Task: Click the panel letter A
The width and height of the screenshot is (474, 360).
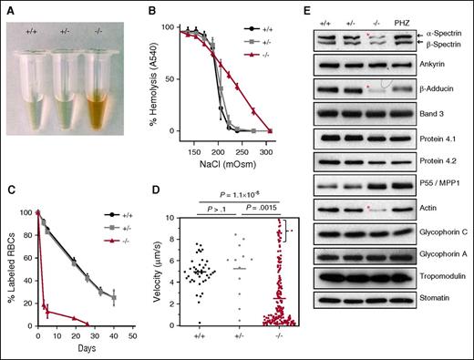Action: [x=6, y=7]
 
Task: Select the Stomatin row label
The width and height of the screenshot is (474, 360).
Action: [x=439, y=346]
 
